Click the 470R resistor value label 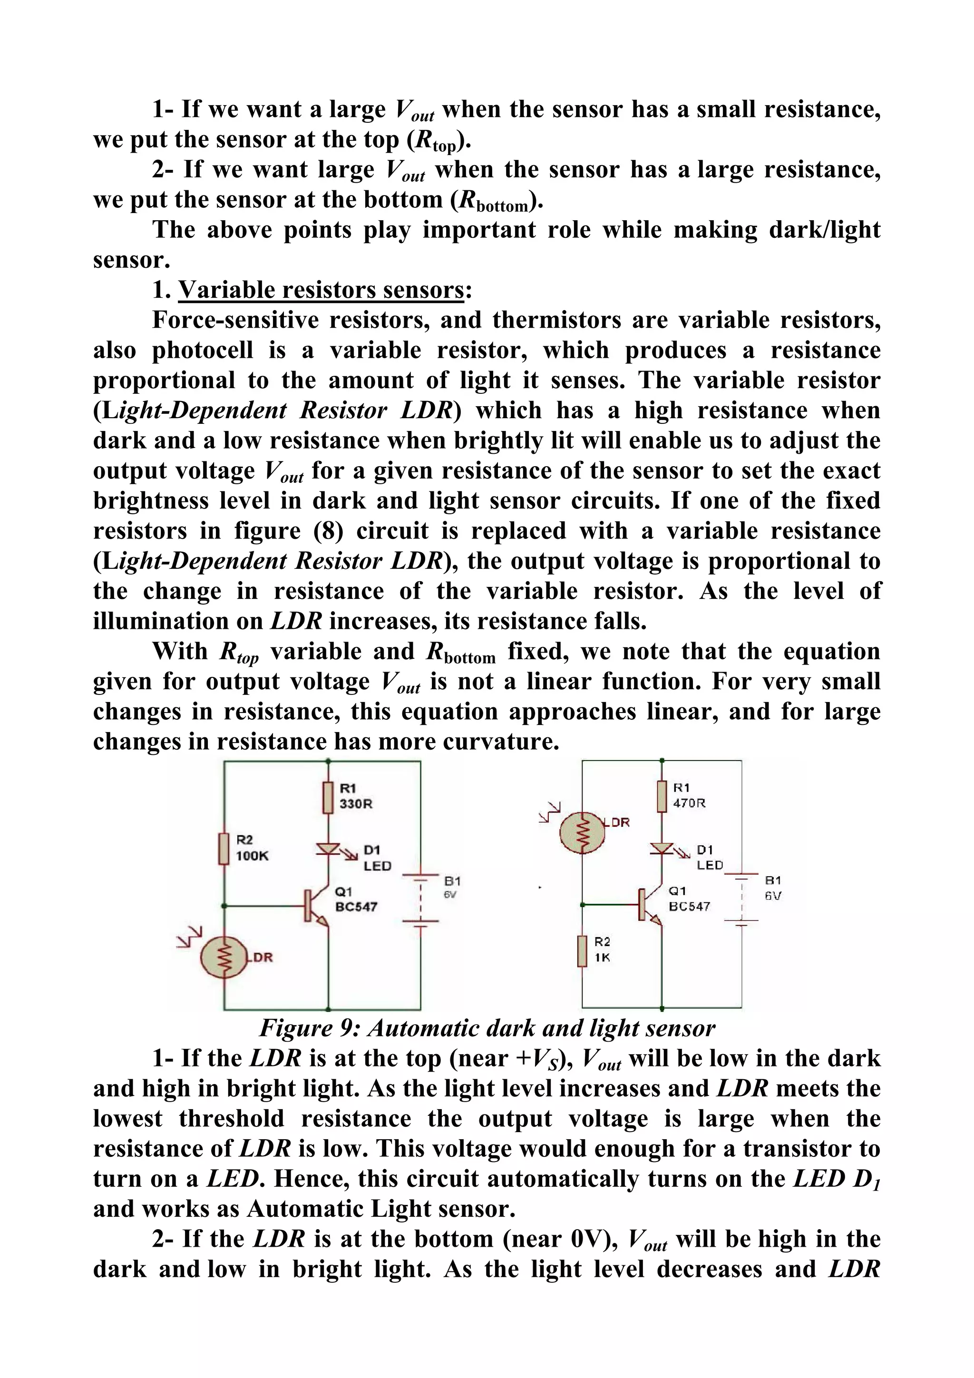tap(689, 803)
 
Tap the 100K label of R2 tap(252, 856)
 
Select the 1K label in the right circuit tap(603, 958)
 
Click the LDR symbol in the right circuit tap(582, 832)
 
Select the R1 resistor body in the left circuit tap(328, 797)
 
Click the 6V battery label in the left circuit tap(451, 895)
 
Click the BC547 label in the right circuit tap(690, 906)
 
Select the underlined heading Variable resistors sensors tap(321, 291)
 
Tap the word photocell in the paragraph tap(202, 351)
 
